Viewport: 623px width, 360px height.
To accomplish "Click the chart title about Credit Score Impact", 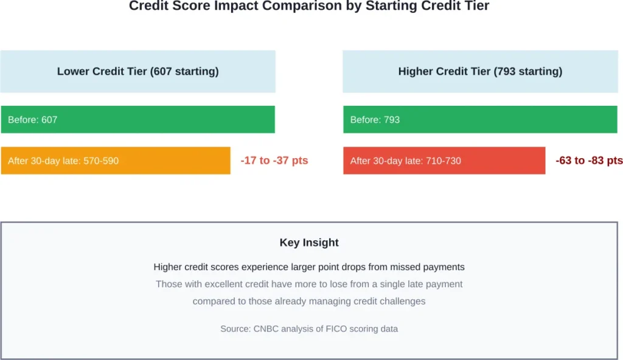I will [308, 7].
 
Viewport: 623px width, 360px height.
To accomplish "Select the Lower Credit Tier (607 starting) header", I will [137, 71].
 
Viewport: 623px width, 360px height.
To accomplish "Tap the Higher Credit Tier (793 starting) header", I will [480, 71].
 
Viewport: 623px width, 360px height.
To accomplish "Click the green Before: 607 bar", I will [137, 119].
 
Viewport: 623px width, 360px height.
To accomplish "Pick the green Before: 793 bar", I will [480, 119].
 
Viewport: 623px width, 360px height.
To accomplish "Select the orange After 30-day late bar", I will [116, 161].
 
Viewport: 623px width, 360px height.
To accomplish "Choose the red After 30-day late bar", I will [444, 161].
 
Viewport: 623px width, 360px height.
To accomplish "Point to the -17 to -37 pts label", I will [274, 161].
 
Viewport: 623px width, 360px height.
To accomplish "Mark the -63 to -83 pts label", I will [589, 161].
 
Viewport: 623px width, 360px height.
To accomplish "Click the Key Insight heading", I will [309, 243].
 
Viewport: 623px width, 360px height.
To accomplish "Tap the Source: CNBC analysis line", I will [309, 328].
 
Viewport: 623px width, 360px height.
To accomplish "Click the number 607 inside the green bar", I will [49, 120].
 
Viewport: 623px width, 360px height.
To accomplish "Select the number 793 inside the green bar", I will [392, 120].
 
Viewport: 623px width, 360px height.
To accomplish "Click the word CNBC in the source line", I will [266, 328].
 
